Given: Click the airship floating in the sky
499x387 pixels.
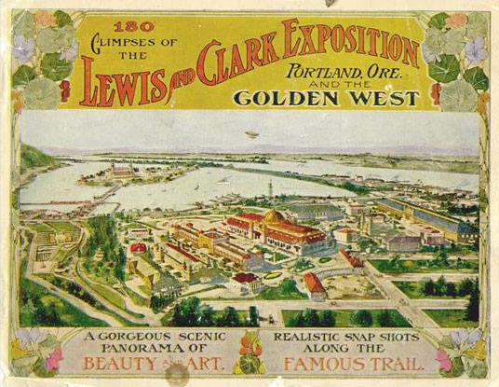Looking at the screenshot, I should pos(252,135).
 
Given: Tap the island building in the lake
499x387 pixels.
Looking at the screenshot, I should pos(121,170).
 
